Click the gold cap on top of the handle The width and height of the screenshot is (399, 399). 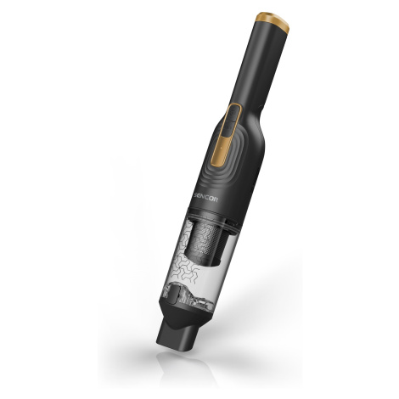pyautogui.click(x=273, y=20)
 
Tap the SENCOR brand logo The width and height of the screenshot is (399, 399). pyautogui.click(x=206, y=197)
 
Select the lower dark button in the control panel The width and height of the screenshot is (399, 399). pyautogui.click(x=228, y=129)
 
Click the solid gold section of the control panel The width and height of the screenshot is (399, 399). pyautogui.click(x=223, y=150)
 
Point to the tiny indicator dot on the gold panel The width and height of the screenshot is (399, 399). pyautogui.click(x=222, y=148)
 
